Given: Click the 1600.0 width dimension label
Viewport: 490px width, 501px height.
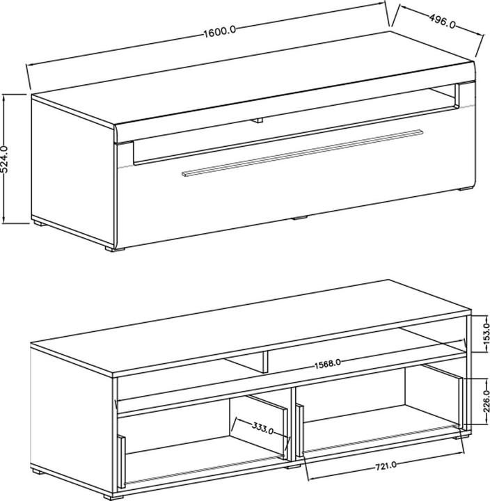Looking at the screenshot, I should (221, 31).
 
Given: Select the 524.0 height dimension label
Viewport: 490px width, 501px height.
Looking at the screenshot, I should (7, 160).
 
